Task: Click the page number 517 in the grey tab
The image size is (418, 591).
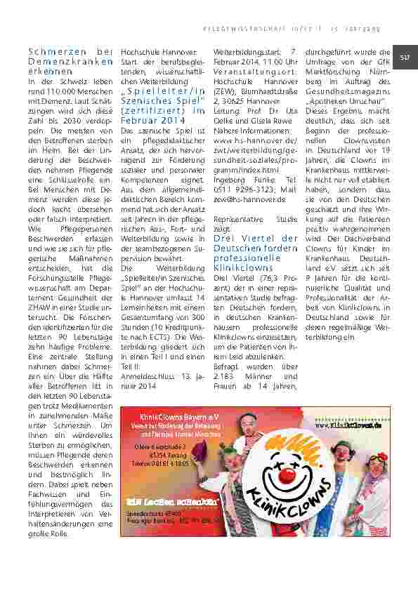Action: [405, 57]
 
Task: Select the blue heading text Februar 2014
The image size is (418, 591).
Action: [149, 121]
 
